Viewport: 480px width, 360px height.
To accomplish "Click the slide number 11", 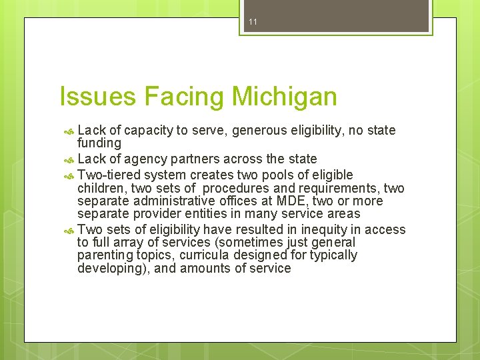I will coord(253,22).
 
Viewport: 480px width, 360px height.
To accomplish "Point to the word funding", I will coord(99,143).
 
